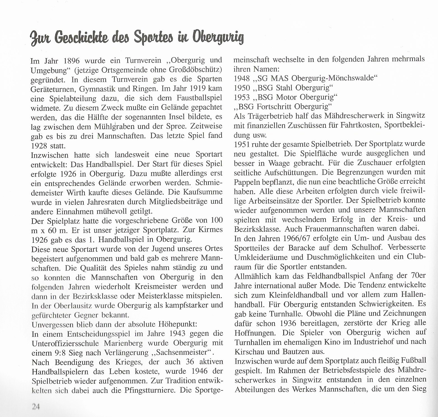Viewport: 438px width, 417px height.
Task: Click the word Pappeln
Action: (247, 182)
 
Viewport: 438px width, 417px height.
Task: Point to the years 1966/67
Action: (293, 238)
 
